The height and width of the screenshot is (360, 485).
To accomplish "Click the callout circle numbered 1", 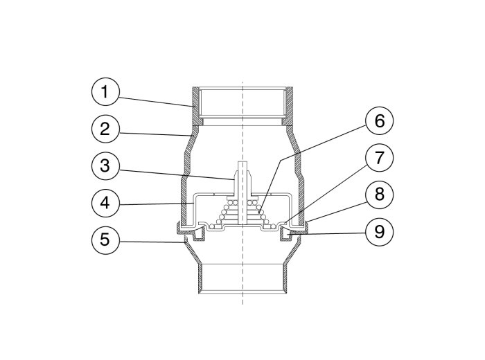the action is click(x=105, y=92).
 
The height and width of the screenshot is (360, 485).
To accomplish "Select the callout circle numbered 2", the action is click(x=105, y=129).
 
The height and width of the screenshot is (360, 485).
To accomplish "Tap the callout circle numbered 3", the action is click(x=105, y=166).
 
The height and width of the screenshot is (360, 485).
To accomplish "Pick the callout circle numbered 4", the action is click(x=105, y=203).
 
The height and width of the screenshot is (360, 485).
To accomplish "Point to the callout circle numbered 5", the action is click(x=105, y=240).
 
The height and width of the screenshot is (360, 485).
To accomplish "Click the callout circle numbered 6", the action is click(x=380, y=120).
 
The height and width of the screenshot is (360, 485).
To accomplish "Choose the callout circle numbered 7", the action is click(x=380, y=158).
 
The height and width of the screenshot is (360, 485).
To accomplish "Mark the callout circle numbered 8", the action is click(x=380, y=195).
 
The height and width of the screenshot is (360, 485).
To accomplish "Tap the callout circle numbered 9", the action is click(x=380, y=232).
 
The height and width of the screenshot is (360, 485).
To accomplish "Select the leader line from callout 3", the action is click(x=175, y=174).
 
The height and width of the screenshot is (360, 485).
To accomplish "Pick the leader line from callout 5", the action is click(x=152, y=242).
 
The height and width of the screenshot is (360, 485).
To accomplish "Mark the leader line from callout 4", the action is click(x=156, y=204).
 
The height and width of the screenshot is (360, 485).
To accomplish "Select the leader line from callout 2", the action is click(x=155, y=134).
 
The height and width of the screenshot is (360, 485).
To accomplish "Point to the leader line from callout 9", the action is click(x=327, y=234).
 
